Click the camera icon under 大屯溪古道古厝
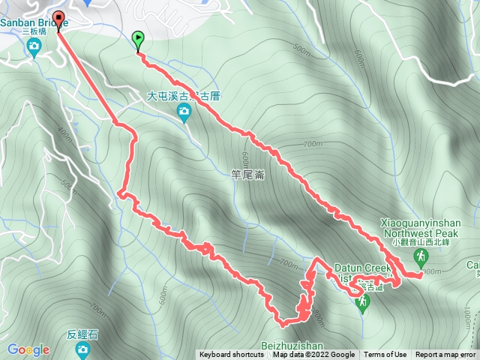tap(184, 112)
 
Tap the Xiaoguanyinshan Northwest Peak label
tap(421, 226)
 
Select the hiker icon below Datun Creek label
tap(363, 302)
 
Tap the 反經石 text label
tap(82, 334)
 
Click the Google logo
tap(28, 349)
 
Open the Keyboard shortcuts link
tap(232, 355)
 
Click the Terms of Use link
tap(385, 355)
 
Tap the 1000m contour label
tap(431, 271)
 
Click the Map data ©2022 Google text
tap(313, 355)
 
